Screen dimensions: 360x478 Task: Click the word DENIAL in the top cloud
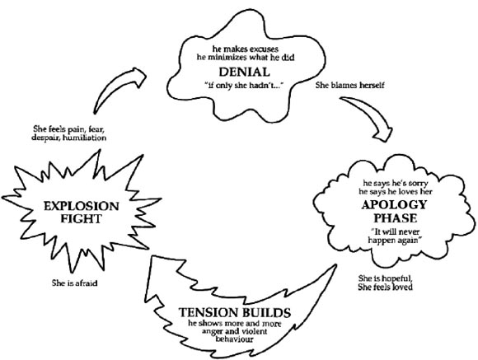[241, 72]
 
